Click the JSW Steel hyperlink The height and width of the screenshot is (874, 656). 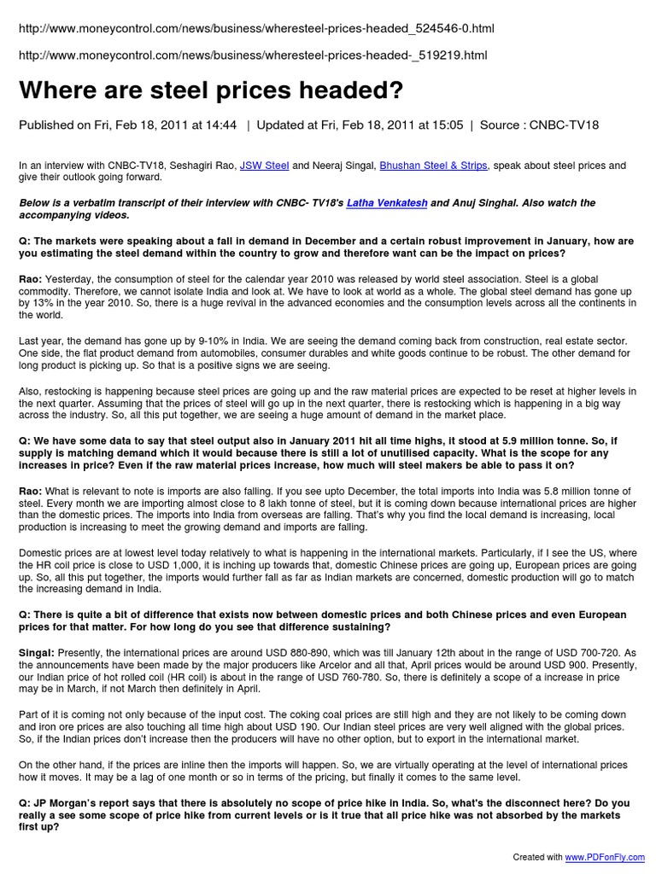coord(265,166)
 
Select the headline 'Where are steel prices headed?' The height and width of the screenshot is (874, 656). coord(210,90)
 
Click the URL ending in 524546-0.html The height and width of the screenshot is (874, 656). coord(256,29)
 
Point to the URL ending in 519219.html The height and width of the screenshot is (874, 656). coord(253,55)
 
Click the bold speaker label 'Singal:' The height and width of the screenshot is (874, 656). coord(37,652)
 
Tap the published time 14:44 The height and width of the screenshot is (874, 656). coord(220,125)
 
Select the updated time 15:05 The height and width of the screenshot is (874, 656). coord(448,125)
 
